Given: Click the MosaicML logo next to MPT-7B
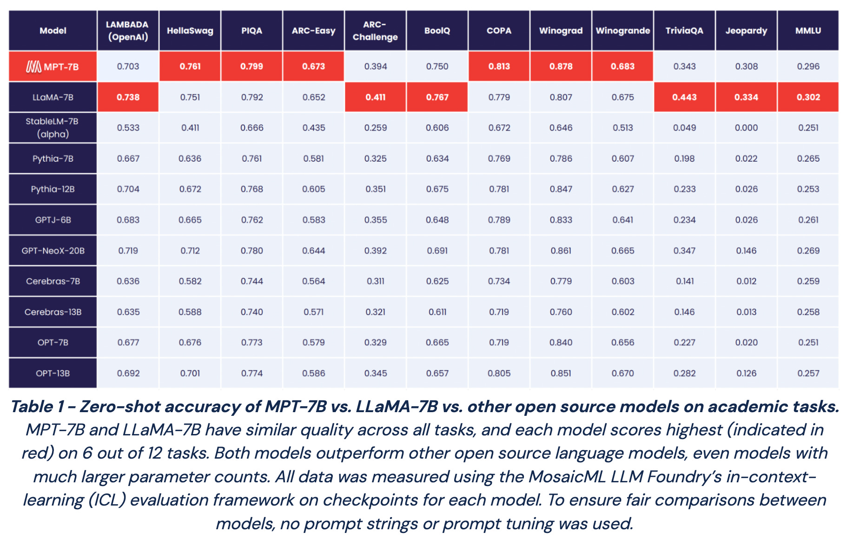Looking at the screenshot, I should coord(33,67).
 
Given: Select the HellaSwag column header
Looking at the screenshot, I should coord(190,31).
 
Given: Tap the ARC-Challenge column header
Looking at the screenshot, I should coord(375,31).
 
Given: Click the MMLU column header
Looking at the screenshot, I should coord(808,31).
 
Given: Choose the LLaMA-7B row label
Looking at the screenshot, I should coord(53,98).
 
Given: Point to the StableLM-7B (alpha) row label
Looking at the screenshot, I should coord(53,128).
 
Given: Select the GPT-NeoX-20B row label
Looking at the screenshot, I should coord(53,251).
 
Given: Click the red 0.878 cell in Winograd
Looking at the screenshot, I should coord(561,66).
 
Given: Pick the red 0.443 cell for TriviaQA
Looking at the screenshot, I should coord(684,98).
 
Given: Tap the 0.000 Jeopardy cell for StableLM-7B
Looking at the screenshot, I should coord(746,128).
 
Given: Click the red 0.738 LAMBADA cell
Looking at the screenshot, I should coord(128,98).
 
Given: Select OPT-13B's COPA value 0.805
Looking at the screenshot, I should coord(499,374).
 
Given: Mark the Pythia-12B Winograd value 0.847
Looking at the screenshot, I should coord(561,189).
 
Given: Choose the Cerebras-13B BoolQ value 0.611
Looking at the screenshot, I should coord(437,312).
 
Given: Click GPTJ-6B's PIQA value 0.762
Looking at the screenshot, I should coord(251,220).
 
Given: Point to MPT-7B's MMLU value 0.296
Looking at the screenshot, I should coord(808,66).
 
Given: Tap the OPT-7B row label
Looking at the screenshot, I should coord(53,343).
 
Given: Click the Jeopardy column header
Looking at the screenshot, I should coord(746,31).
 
